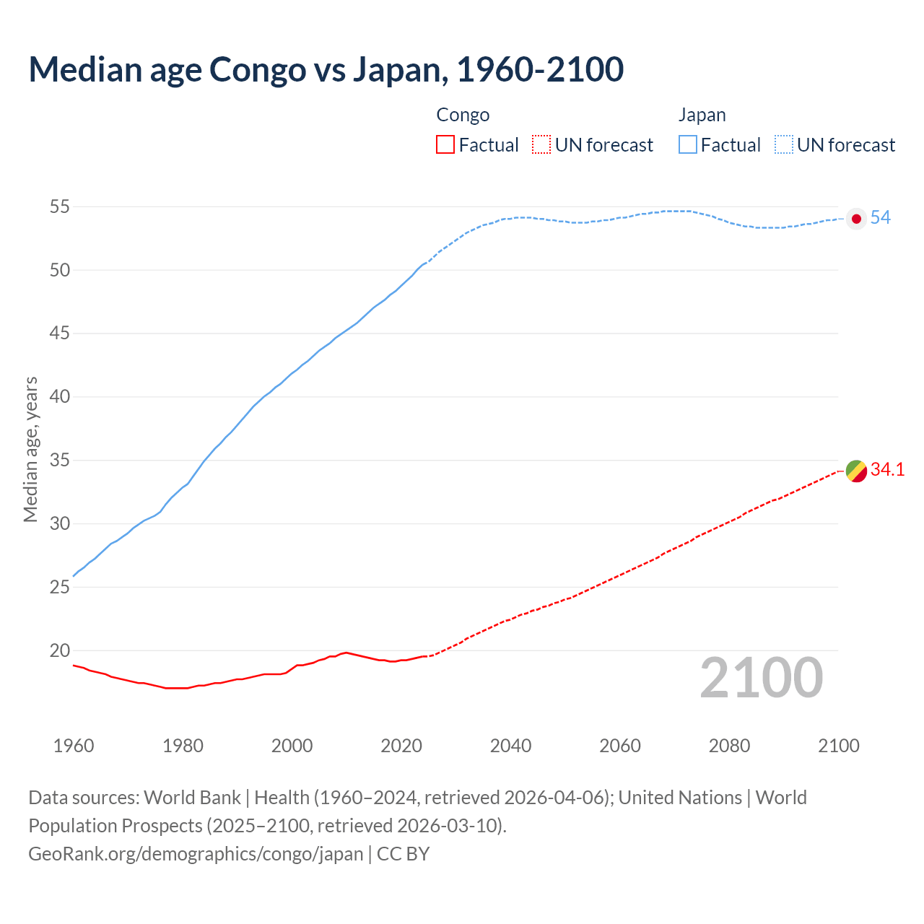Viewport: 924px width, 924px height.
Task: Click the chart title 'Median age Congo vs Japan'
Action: coord(326,70)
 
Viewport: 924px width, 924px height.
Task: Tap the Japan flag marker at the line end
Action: coord(856,219)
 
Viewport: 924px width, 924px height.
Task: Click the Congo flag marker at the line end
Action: coord(856,471)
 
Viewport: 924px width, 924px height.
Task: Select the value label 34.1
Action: coord(887,470)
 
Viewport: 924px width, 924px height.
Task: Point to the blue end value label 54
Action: coord(880,218)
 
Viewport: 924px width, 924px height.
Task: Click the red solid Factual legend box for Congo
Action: coord(445,145)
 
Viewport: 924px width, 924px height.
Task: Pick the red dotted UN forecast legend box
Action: coord(541,145)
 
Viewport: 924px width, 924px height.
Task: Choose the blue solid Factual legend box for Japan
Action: coord(688,145)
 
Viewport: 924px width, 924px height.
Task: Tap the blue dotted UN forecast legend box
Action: coord(784,145)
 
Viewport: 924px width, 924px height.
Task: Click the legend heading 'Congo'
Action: coord(463,115)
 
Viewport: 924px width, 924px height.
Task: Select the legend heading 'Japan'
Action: coord(702,115)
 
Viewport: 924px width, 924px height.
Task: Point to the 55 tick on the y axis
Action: coord(59,207)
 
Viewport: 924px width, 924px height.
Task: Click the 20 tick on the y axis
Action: coord(59,651)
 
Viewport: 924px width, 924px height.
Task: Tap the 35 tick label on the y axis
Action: coord(59,461)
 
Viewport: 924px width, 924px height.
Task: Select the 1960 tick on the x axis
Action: coord(74,746)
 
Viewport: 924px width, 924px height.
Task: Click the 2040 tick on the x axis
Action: coord(510,746)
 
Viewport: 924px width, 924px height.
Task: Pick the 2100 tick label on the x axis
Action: coord(839,746)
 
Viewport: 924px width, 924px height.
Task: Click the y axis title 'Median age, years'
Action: coord(30,449)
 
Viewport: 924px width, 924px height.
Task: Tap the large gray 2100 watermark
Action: coord(761,678)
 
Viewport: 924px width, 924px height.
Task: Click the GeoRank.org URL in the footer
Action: coord(196,854)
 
